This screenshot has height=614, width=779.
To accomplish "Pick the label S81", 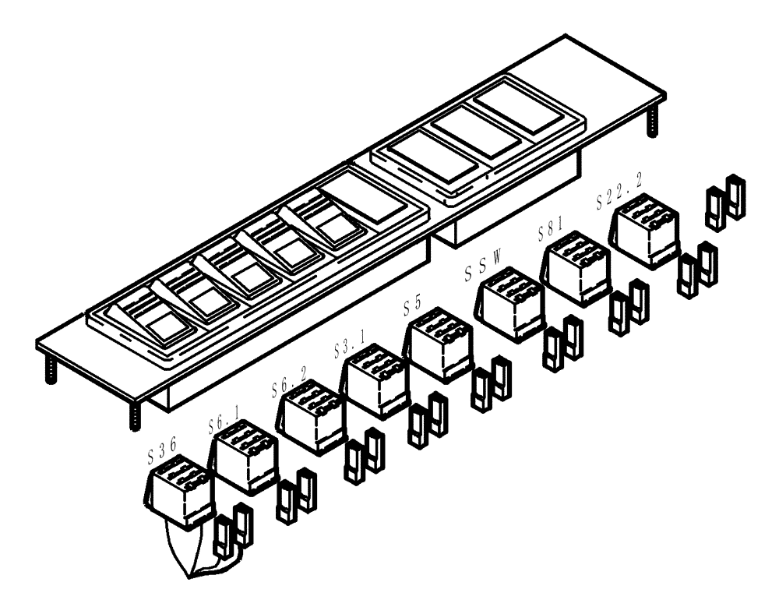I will pyautogui.click(x=550, y=232).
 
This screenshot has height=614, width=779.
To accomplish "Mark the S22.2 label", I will pyautogui.click(x=619, y=200).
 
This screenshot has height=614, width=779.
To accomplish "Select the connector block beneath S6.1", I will pyautogui.click(x=244, y=460).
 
